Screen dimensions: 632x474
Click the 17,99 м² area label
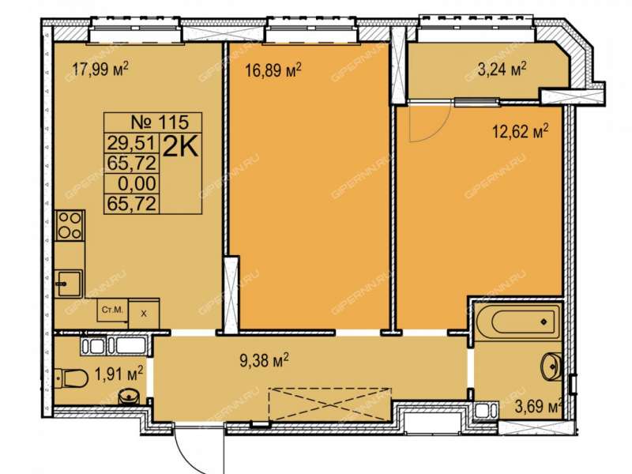100,70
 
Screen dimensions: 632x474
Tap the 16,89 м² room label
273,71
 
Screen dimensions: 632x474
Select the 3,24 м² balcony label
502,69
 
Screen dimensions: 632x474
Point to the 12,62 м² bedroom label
521,131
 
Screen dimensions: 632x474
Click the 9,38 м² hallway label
264,360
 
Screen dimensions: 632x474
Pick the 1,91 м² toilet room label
118,374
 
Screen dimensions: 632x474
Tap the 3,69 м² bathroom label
539,406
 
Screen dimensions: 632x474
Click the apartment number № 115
160,122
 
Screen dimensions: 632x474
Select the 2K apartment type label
181,148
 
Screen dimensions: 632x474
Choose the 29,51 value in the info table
131,143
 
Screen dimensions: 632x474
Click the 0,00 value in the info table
137,183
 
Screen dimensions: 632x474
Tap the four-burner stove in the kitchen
70,225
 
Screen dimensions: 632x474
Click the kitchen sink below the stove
69,284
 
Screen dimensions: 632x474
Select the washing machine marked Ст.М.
113,310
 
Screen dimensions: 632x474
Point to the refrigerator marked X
144,314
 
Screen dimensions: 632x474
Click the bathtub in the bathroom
517,322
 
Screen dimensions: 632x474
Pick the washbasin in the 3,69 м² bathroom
551,366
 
